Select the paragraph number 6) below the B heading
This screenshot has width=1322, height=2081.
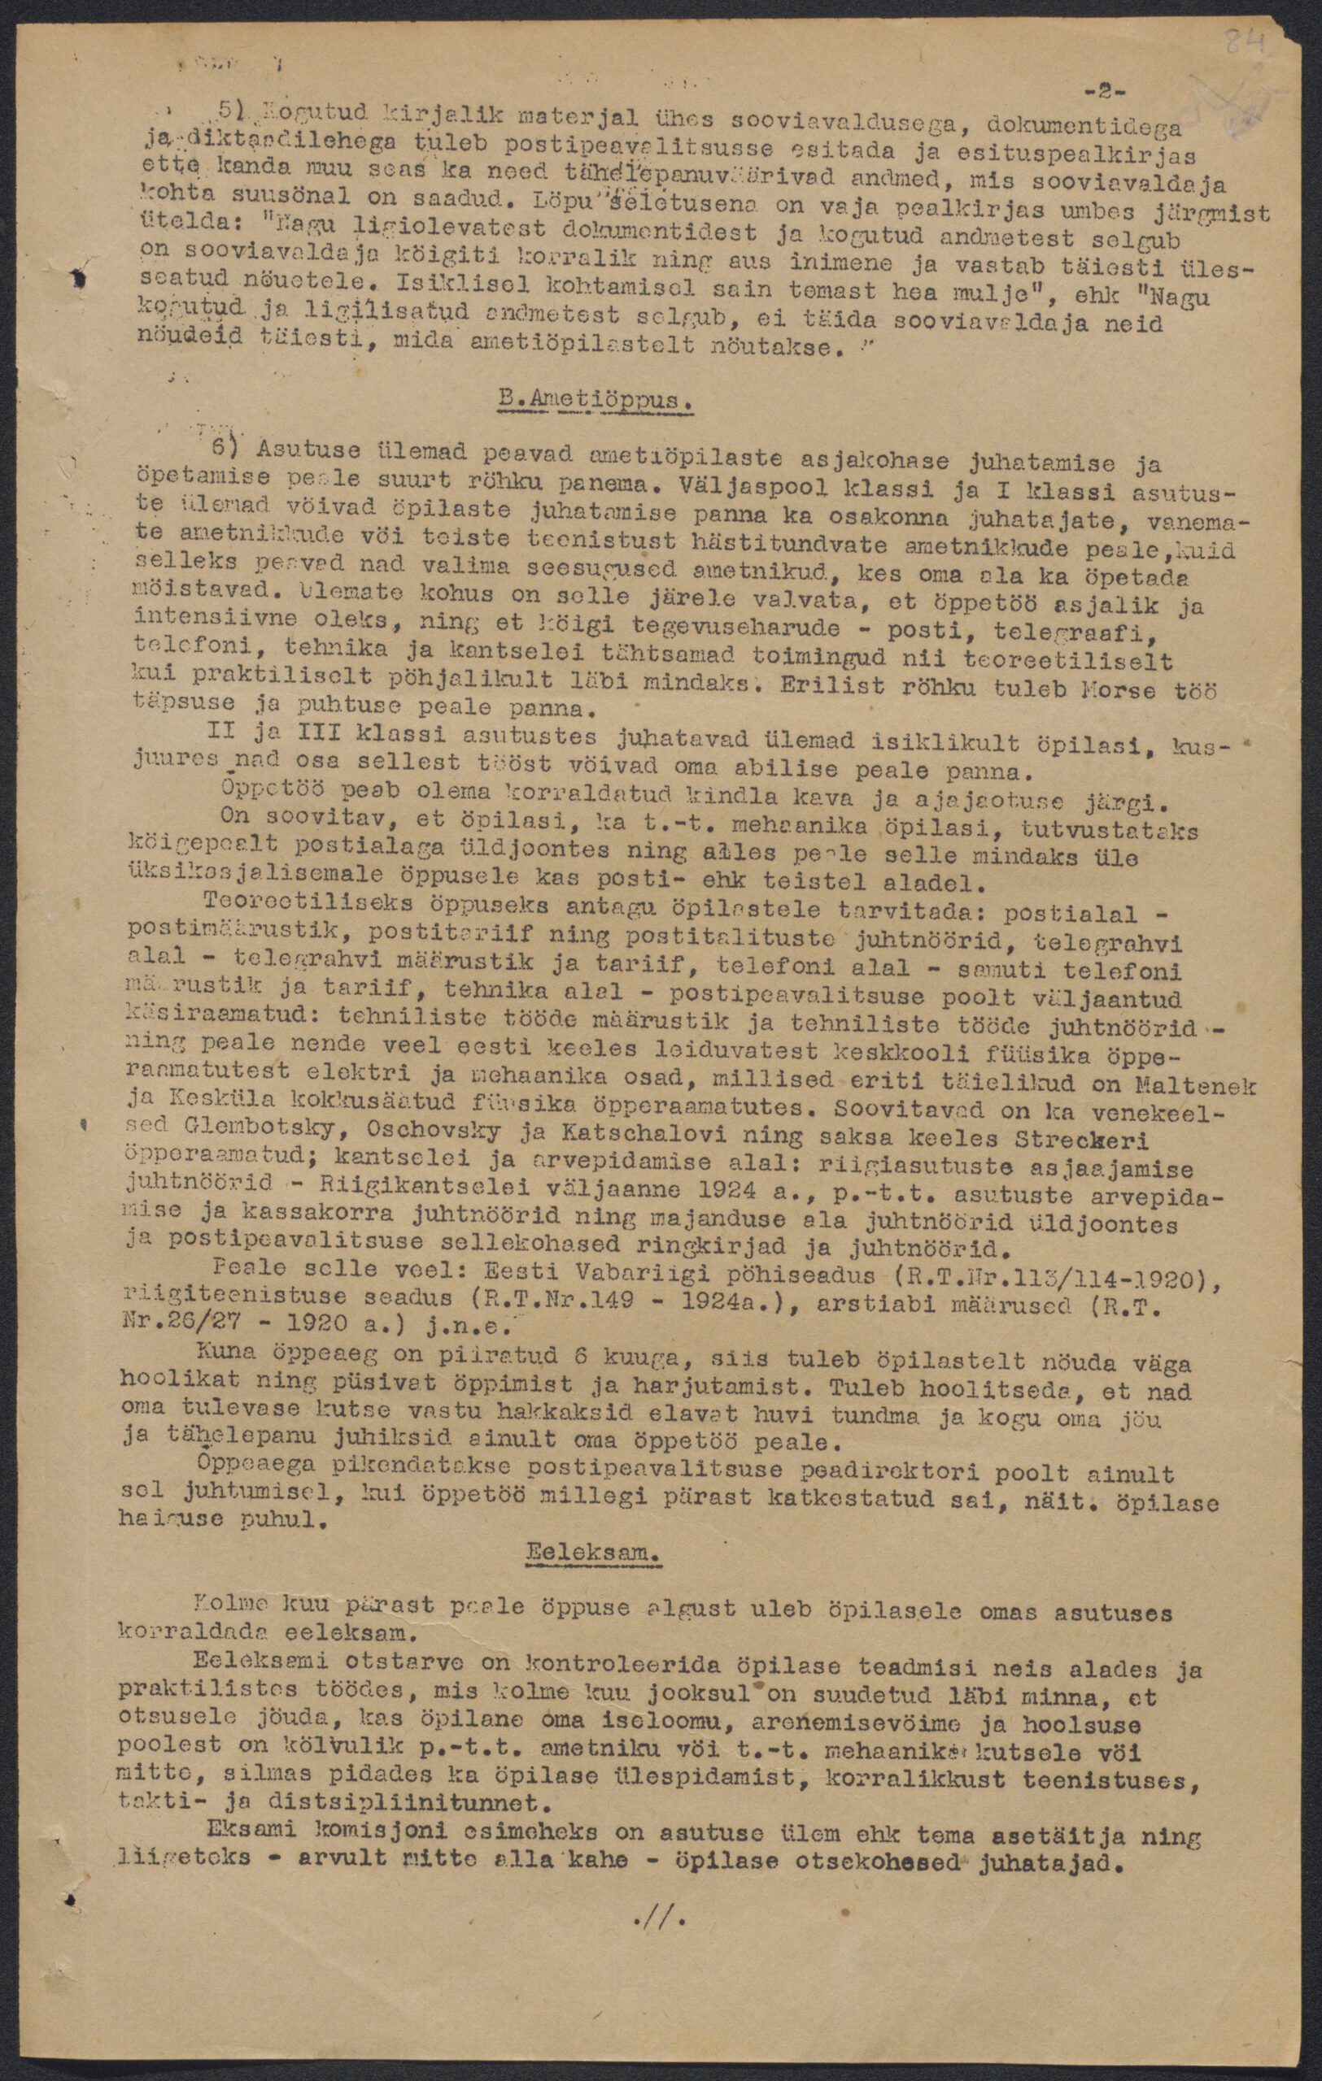[226, 450]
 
